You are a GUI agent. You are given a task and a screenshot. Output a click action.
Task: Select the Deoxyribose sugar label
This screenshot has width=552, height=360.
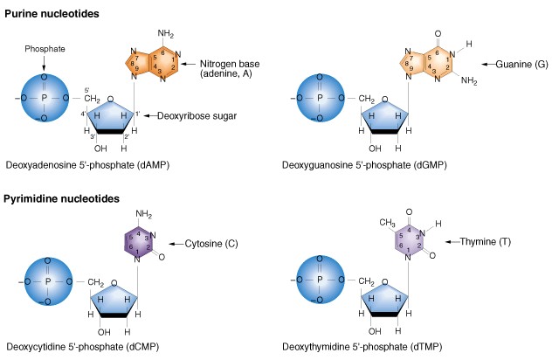[200, 114]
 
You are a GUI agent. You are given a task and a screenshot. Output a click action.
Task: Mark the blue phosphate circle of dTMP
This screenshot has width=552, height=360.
[319, 281]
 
